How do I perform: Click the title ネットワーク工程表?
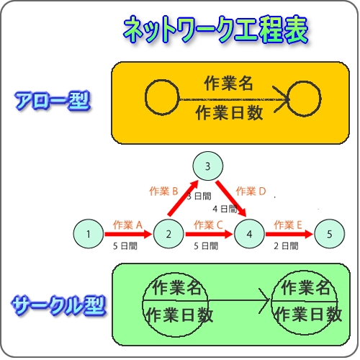(215, 30)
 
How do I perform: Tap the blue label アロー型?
(53, 101)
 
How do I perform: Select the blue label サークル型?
(59, 305)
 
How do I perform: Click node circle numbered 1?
(89, 233)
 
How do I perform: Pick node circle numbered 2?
(168, 233)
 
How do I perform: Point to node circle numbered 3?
(208, 166)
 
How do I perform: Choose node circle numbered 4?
(249, 233)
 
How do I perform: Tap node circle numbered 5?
(330, 233)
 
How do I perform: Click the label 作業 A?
(127, 225)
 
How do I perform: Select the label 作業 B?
(163, 192)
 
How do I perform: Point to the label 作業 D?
(251, 192)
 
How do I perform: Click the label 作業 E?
(288, 225)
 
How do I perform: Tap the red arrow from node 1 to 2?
(128, 234)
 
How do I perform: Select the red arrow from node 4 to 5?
(289, 234)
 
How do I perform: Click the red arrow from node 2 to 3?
(183, 198)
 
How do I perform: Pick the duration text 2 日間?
(286, 246)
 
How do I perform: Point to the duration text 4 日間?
(225, 209)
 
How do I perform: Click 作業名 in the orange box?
(228, 84)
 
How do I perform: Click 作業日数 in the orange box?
(229, 113)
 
